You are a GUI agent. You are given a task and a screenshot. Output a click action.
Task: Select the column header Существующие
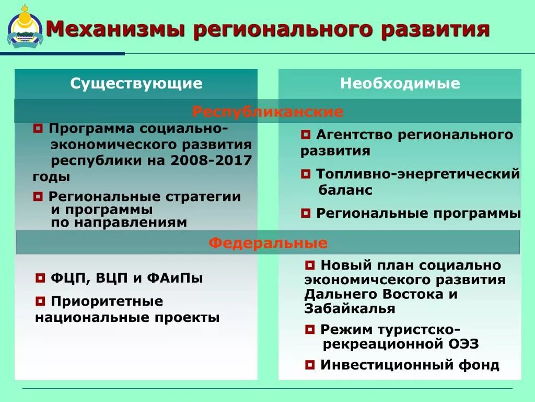[136, 83]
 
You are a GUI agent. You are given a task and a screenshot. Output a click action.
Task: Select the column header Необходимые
[400, 83]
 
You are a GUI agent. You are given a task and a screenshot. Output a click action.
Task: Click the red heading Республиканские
[267, 111]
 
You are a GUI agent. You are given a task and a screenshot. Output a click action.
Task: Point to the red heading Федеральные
[268, 243]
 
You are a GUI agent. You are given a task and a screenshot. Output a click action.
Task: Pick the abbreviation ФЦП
[65, 278]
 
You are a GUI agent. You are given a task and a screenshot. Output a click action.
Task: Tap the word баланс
[345, 189]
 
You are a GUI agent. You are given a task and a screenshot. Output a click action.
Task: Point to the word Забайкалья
[350, 309]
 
